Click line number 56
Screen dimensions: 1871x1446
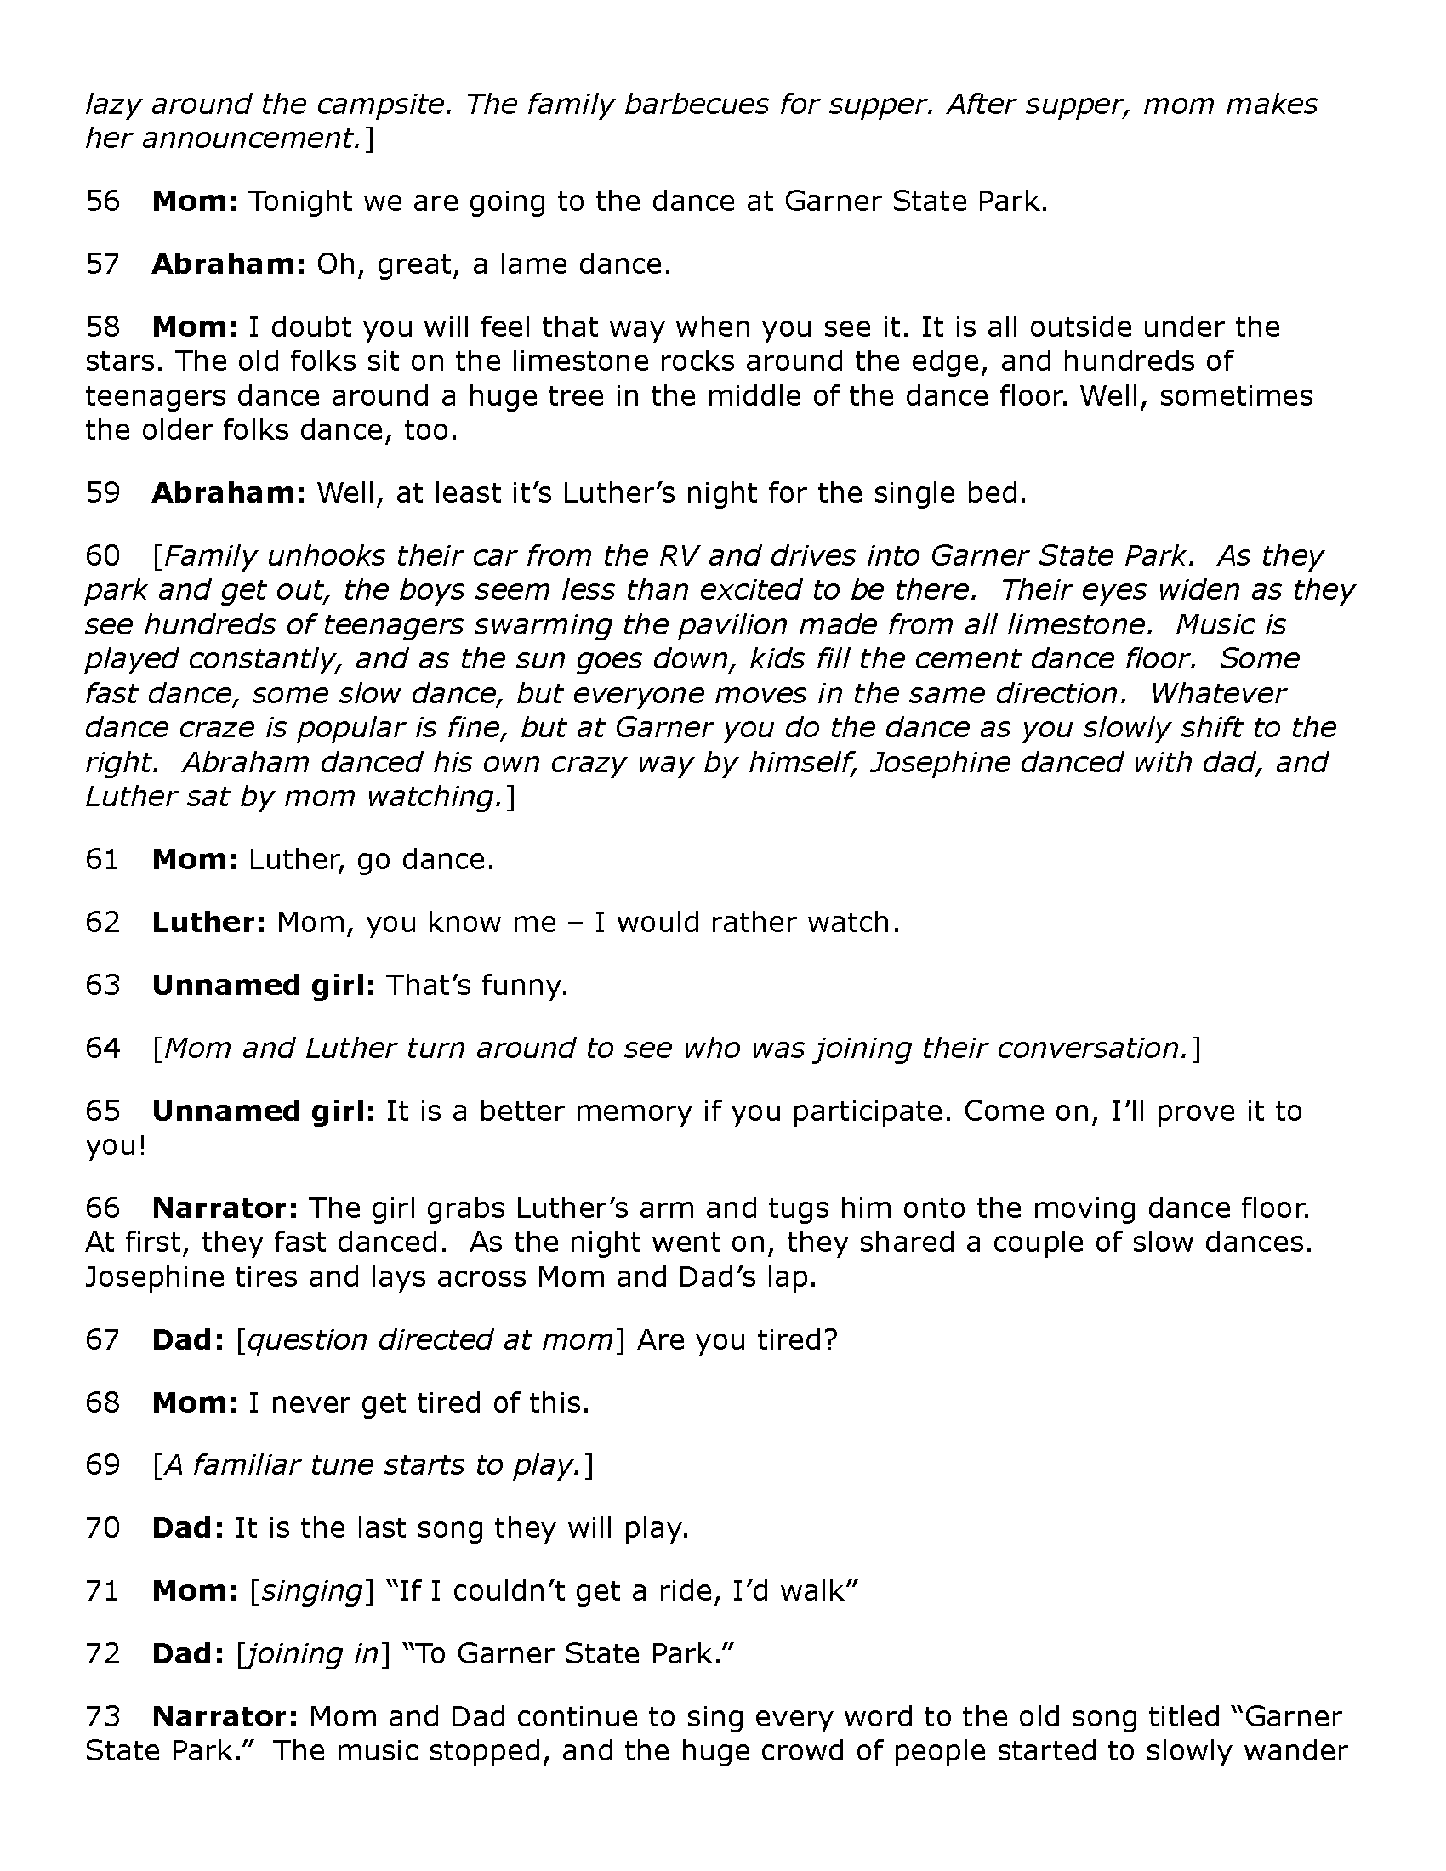pos(102,202)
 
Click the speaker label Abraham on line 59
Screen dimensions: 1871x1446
pos(228,493)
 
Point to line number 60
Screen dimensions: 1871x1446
pos(102,556)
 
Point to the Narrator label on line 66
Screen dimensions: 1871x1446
pos(225,1208)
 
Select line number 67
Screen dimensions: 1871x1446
pos(102,1339)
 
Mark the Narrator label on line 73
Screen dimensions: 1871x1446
pos(225,1717)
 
